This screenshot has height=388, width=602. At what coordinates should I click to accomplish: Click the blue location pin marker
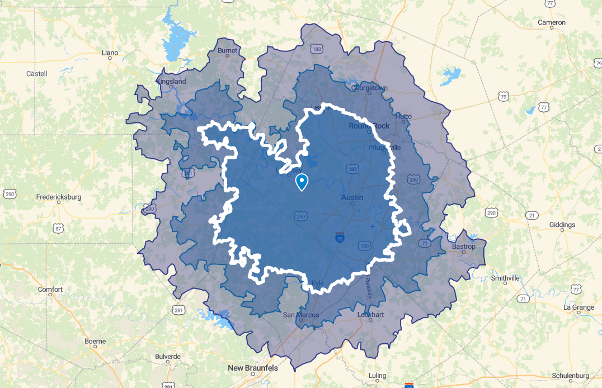[x=302, y=182]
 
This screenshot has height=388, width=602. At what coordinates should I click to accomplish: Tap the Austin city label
[x=352, y=197]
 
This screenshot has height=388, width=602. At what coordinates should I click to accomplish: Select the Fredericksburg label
[x=59, y=197]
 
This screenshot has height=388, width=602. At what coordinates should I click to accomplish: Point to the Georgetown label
[x=369, y=88]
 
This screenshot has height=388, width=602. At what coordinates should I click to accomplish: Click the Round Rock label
[x=369, y=126]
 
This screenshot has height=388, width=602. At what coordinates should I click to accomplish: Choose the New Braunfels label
[x=253, y=367]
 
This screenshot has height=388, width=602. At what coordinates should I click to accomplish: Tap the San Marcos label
[x=301, y=315]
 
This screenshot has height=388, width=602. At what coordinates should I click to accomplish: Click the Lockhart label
[x=371, y=315]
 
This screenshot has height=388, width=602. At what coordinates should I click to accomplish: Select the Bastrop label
[x=464, y=247]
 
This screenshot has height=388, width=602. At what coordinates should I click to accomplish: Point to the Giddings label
[x=562, y=225]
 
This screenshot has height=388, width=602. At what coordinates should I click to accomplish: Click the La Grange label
[x=579, y=307]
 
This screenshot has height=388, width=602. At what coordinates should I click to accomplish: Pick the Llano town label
[x=110, y=53]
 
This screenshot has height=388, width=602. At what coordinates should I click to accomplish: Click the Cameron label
[x=552, y=22]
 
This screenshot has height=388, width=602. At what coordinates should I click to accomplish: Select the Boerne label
[x=95, y=340]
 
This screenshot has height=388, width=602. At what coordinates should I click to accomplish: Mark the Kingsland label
[x=171, y=81]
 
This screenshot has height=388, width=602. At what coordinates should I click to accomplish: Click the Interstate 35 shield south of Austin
[x=340, y=238]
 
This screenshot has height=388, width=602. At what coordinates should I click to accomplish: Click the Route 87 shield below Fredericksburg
[x=58, y=228]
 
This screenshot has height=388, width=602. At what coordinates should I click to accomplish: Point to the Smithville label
[x=505, y=278]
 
